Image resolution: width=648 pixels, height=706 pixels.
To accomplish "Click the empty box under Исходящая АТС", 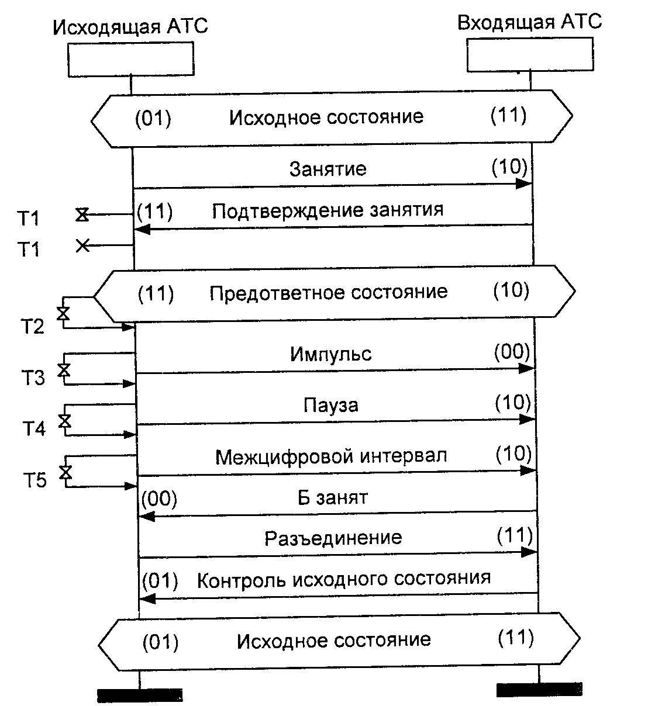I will (130, 60).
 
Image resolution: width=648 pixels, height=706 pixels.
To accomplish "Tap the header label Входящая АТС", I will (529, 23).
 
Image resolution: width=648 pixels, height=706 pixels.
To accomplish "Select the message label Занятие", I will (328, 169).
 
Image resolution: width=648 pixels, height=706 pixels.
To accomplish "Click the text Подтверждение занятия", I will (328, 210).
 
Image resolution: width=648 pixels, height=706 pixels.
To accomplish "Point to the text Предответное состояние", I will (328, 292).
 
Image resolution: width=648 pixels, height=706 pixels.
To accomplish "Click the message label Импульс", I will (330, 354).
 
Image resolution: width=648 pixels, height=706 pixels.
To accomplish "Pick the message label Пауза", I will (330, 405).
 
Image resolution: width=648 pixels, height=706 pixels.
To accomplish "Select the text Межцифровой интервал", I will (332, 456).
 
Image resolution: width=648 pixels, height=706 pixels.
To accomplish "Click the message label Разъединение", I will (333, 538).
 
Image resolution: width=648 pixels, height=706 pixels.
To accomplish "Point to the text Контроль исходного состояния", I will (343, 579).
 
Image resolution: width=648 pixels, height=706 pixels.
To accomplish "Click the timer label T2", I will (33, 327).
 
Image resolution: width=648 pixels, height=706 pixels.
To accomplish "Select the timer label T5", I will (35, 481).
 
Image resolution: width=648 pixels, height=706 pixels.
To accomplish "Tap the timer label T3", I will (34, 378).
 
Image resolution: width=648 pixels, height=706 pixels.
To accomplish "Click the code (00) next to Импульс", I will (512, 352).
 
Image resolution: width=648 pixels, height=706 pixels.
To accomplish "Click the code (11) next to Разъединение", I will (514, 535).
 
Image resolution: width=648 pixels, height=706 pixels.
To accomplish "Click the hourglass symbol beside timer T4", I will (64, 421).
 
